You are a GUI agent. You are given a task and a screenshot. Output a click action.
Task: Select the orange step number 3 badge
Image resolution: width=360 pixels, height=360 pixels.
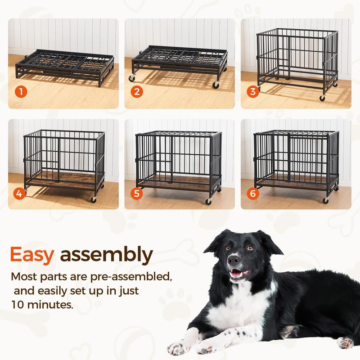[x=253, y=92]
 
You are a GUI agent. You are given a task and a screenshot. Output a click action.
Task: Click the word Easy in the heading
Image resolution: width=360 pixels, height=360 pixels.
[x=32, y=255]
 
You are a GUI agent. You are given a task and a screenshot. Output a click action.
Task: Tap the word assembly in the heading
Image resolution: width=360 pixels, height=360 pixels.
[x=106, y=255]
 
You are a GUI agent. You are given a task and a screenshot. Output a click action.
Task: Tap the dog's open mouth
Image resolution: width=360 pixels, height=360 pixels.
[x=239, y=274]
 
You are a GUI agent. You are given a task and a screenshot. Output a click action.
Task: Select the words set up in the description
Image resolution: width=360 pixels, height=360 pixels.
[x=79, y=290]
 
